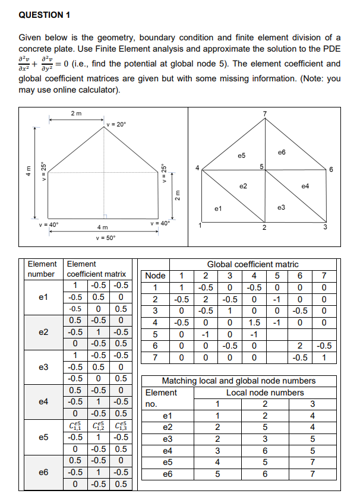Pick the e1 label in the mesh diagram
(219, 208)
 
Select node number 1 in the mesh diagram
(200, 224)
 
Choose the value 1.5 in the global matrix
(254, 322)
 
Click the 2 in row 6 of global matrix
(301, 345)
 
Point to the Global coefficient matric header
(252, 264)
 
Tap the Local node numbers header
(265, 393)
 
